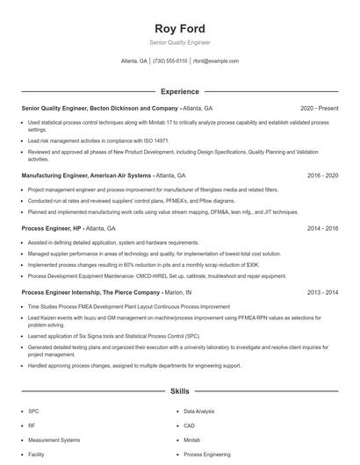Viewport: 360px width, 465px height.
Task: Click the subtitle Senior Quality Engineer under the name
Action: pyautogui.click(x=179, y=42)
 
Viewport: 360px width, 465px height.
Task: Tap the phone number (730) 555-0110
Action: pyautogui.click(x=169, y=61)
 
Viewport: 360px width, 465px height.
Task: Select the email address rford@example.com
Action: pyautogui.click(x=215, y=61)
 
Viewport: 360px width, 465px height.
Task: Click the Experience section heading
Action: pyautogui.click(x=179, y=91)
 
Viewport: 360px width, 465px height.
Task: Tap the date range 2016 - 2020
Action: pyautogui.click(x=322, y=175)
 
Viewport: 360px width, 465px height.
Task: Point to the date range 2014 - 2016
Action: pyautogui.click(x=322, y=228)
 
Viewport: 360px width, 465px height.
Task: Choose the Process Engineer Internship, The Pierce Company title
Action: pyautogui.click(x=90, y=292)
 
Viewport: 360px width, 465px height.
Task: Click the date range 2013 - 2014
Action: pyautogui.click(x=322, y=292)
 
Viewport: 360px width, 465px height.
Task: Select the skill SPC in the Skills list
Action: pyautogui.click(x=33, y=411)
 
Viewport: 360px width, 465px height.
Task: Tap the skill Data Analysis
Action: pyautogui.click(x=198, y=411)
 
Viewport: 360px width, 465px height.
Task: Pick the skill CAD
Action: pyautogui.click(x=190, y=426)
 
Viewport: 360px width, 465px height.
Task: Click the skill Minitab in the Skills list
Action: pyautogui.click(x=192, y=440)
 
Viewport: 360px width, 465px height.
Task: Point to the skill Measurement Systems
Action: pyautogui.click(x=54, y=440)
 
